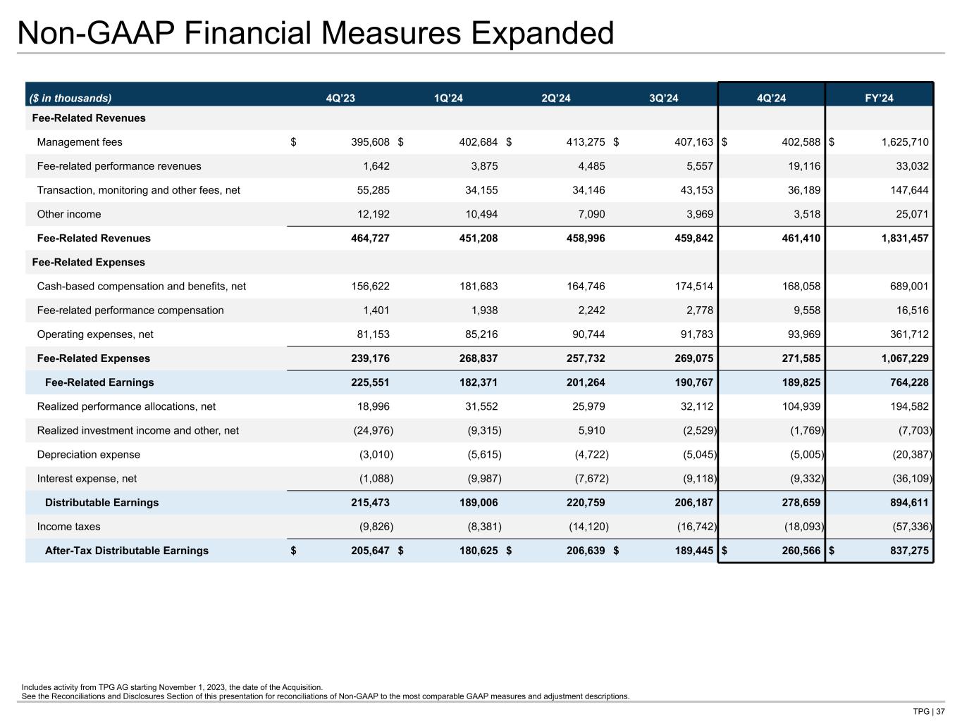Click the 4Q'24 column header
(771, 98)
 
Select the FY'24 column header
(879, 98)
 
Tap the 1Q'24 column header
(448, 98)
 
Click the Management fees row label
(80, 142)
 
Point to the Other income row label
(69, 214)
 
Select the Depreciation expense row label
(89, 455)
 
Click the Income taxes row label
(68, 527)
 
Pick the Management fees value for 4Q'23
(370, 142)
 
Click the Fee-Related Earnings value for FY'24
(909, 382)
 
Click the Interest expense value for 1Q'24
(484, 479)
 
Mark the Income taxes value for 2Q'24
(588, 527)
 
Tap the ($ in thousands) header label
(70, 98)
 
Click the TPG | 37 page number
(929, 711)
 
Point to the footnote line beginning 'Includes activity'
(173, 687)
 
